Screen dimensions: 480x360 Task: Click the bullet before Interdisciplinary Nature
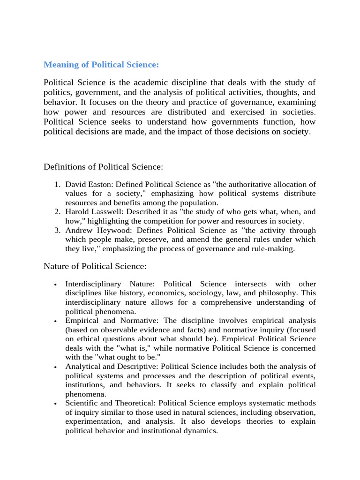coord(56,285)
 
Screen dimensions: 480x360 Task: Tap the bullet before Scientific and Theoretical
coord(56,404)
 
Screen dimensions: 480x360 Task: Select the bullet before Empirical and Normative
coord(56,321)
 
